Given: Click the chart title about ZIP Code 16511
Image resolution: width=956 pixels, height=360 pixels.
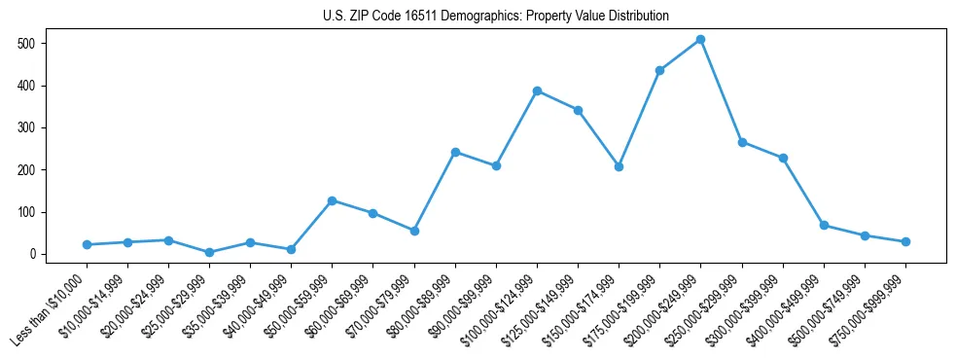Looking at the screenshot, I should (496, 17).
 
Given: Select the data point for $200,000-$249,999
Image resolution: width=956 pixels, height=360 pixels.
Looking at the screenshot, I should (700, 40).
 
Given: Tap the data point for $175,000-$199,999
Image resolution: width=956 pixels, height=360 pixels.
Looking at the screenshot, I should (659, 70).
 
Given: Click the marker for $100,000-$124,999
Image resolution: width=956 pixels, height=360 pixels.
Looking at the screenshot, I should (537, 90).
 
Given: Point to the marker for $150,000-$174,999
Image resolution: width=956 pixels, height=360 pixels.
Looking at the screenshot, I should (619, 166).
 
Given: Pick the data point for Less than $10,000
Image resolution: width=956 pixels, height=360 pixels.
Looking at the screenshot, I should (87, 244).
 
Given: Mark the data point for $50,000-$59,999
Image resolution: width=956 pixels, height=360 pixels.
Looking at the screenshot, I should (333, 200).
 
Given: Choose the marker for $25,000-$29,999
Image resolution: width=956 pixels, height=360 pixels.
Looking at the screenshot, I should (209, 252).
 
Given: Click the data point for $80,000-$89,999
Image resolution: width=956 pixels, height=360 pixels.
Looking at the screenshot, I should (455, 152).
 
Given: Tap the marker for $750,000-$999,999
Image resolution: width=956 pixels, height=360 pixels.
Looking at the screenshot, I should (905, 241).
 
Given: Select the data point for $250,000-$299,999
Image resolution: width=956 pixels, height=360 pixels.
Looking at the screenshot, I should (742, 142).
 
